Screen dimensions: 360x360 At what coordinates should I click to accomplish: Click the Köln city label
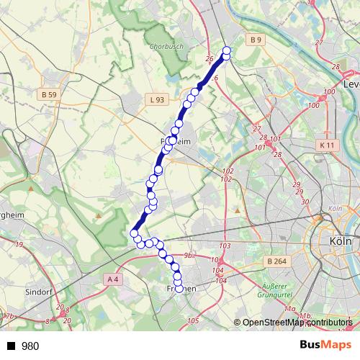click(x=339, y=242)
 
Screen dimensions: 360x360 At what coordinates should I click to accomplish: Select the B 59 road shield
click(x=49, y=94)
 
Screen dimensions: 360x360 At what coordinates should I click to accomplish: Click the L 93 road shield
click(x=158, y=99)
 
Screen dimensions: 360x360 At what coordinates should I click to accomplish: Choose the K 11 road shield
click(x=326, y=145)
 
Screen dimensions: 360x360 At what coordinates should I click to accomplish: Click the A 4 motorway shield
click(x=112, y=279)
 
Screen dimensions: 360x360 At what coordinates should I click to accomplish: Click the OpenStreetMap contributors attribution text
click(x=297, y=323)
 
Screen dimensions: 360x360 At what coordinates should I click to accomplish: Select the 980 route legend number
click(x=30, y=346)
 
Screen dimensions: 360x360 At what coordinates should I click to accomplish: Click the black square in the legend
click(x=12, y=346)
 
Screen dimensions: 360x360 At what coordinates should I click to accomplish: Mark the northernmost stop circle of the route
click(x=228, y=51)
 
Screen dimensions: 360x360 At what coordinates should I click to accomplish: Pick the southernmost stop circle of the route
click(x=179, y=289)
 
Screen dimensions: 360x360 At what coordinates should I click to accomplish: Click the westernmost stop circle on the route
click(x=134, y=233)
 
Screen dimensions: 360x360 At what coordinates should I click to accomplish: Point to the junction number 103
click(x=225, y=246)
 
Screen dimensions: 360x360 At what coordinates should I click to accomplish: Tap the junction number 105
click(x=192, y=320)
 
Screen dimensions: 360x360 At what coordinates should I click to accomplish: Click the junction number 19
click(x=18, y=246)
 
